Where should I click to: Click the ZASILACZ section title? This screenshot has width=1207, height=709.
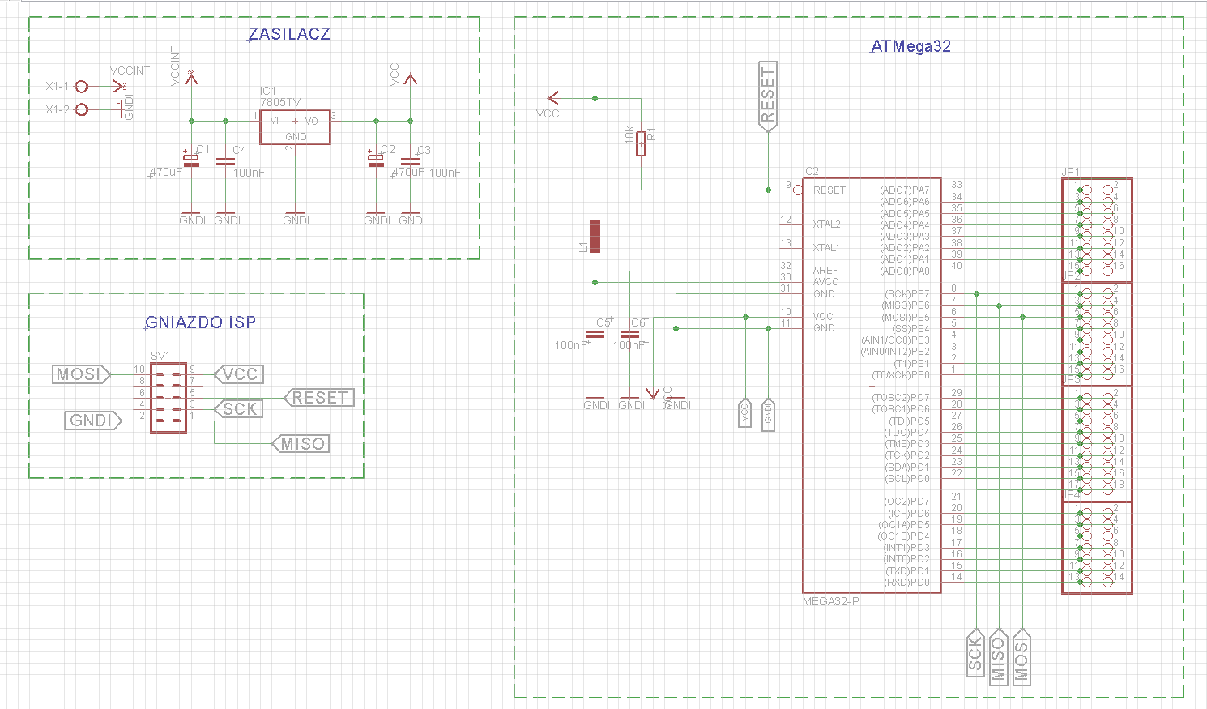289,34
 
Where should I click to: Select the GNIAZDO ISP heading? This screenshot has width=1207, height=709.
200,322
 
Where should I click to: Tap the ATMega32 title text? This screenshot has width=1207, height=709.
911,46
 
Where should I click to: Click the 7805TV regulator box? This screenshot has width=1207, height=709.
295,127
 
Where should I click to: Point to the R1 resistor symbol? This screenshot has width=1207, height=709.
641,143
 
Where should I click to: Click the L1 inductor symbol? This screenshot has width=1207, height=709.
595,236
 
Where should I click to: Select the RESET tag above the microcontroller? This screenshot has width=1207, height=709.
767,94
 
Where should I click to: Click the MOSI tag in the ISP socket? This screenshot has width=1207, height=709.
81,374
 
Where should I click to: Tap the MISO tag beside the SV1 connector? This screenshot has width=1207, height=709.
301,444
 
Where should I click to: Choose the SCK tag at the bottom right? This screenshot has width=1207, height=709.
975,655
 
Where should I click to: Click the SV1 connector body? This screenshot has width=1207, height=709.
168,397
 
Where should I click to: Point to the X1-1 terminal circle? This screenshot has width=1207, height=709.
81,86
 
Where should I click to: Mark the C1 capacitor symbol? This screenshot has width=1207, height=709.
191,161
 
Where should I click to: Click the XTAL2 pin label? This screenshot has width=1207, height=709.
826,224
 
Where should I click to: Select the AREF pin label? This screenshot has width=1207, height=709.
825,271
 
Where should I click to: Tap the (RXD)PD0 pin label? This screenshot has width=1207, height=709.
907,583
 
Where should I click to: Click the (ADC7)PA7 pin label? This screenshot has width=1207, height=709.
905,190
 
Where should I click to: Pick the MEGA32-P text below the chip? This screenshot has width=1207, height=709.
830,601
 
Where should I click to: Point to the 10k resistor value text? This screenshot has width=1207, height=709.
629,135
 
